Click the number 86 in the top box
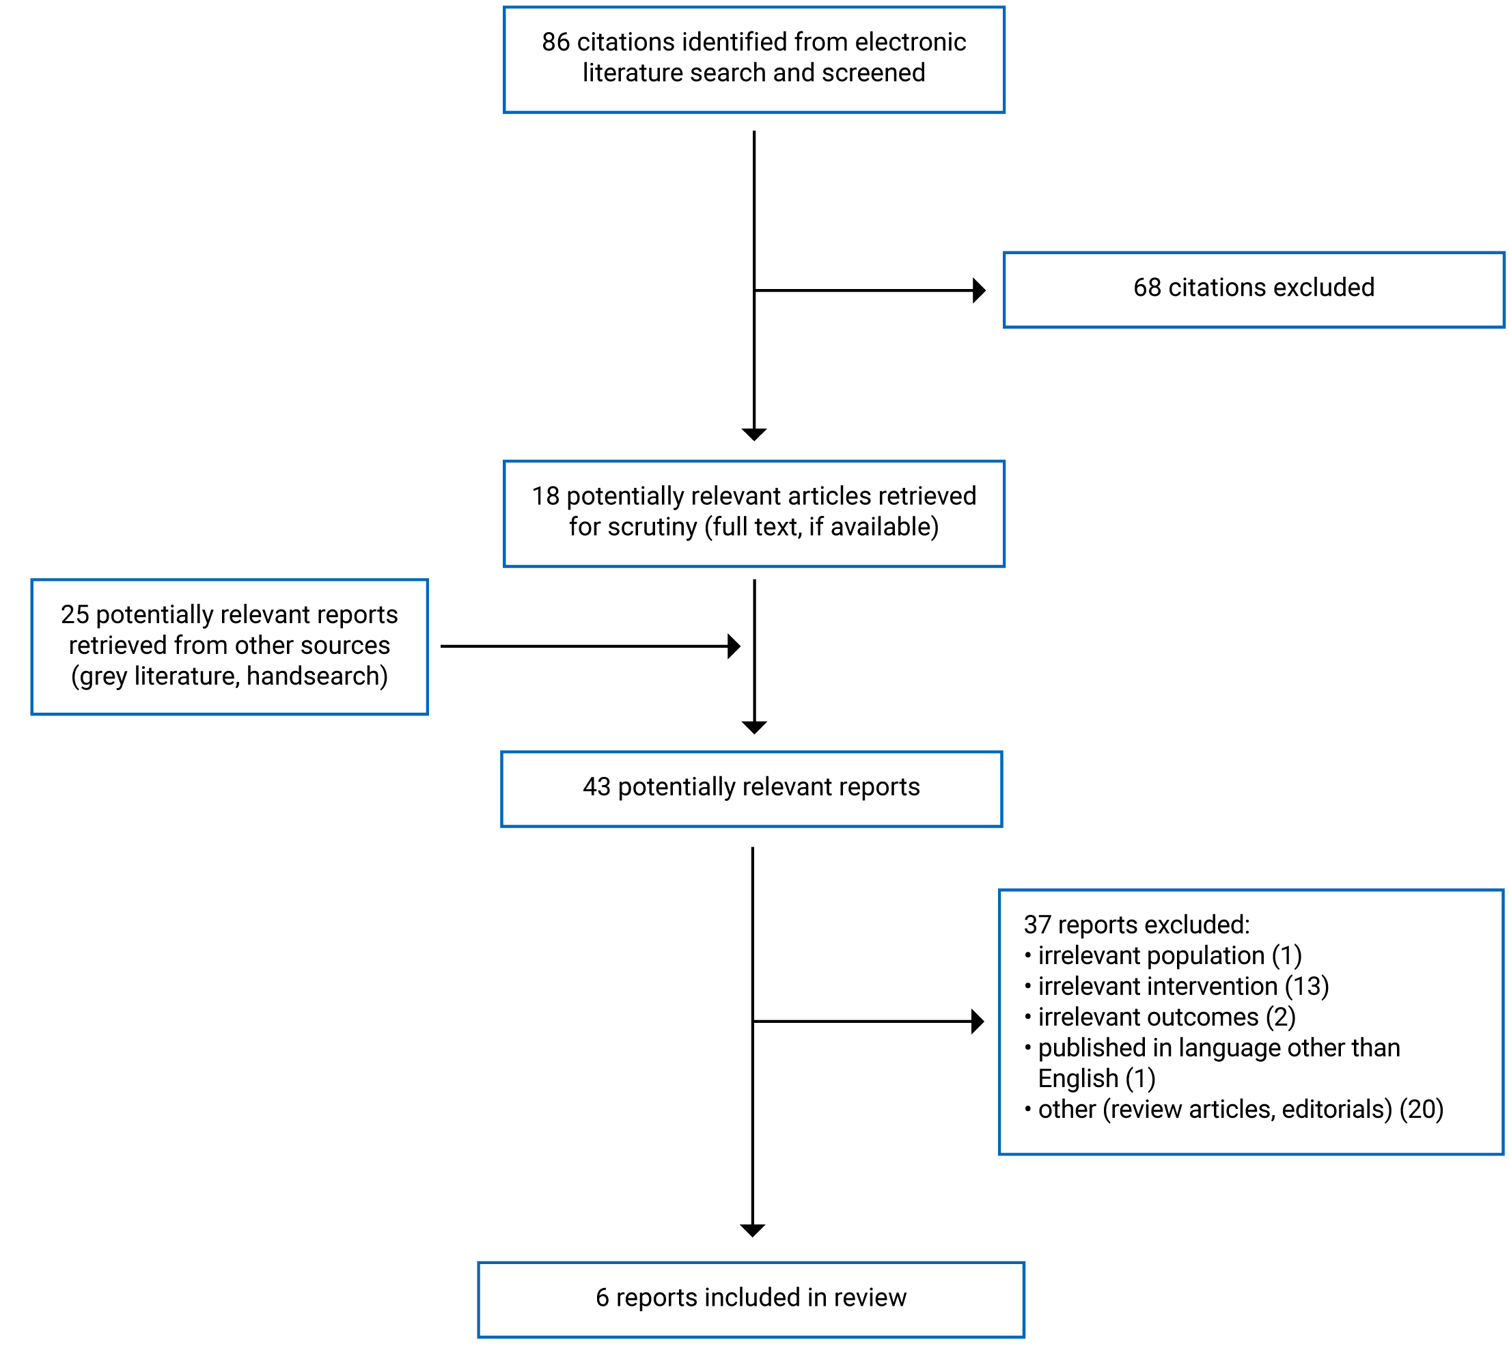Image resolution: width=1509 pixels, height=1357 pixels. click(x=555, y=42)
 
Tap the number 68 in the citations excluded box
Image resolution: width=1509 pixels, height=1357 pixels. click(x=1147, y=288)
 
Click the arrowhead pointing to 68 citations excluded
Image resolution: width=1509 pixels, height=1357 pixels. click(x=979, y=290)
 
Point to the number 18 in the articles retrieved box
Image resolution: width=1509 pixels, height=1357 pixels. click(x=545, y=497)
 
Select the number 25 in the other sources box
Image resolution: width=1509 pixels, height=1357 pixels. click(x=74, y=615)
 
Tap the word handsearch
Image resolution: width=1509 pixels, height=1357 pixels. click(x=313, y=677)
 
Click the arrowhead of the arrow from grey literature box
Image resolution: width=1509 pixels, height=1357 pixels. click(x=734, y=646)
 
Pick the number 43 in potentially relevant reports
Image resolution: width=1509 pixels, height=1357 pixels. click(x=596, y=787)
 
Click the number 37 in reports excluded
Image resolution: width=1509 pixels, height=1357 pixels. click(x=1037, y=925)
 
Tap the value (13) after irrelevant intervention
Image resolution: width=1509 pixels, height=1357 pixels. click(x=1306, y=987)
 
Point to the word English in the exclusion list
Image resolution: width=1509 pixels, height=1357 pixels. click(x=1078, y=1079)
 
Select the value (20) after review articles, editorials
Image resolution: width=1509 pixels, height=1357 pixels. click(x=1421, y=1110)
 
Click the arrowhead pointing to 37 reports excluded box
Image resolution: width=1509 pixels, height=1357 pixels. click(x=978, y=1021)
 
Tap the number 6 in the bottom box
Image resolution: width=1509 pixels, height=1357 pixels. click(x=602, y=1298)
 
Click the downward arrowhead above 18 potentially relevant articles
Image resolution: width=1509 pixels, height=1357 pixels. click(x=753, y=434)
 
